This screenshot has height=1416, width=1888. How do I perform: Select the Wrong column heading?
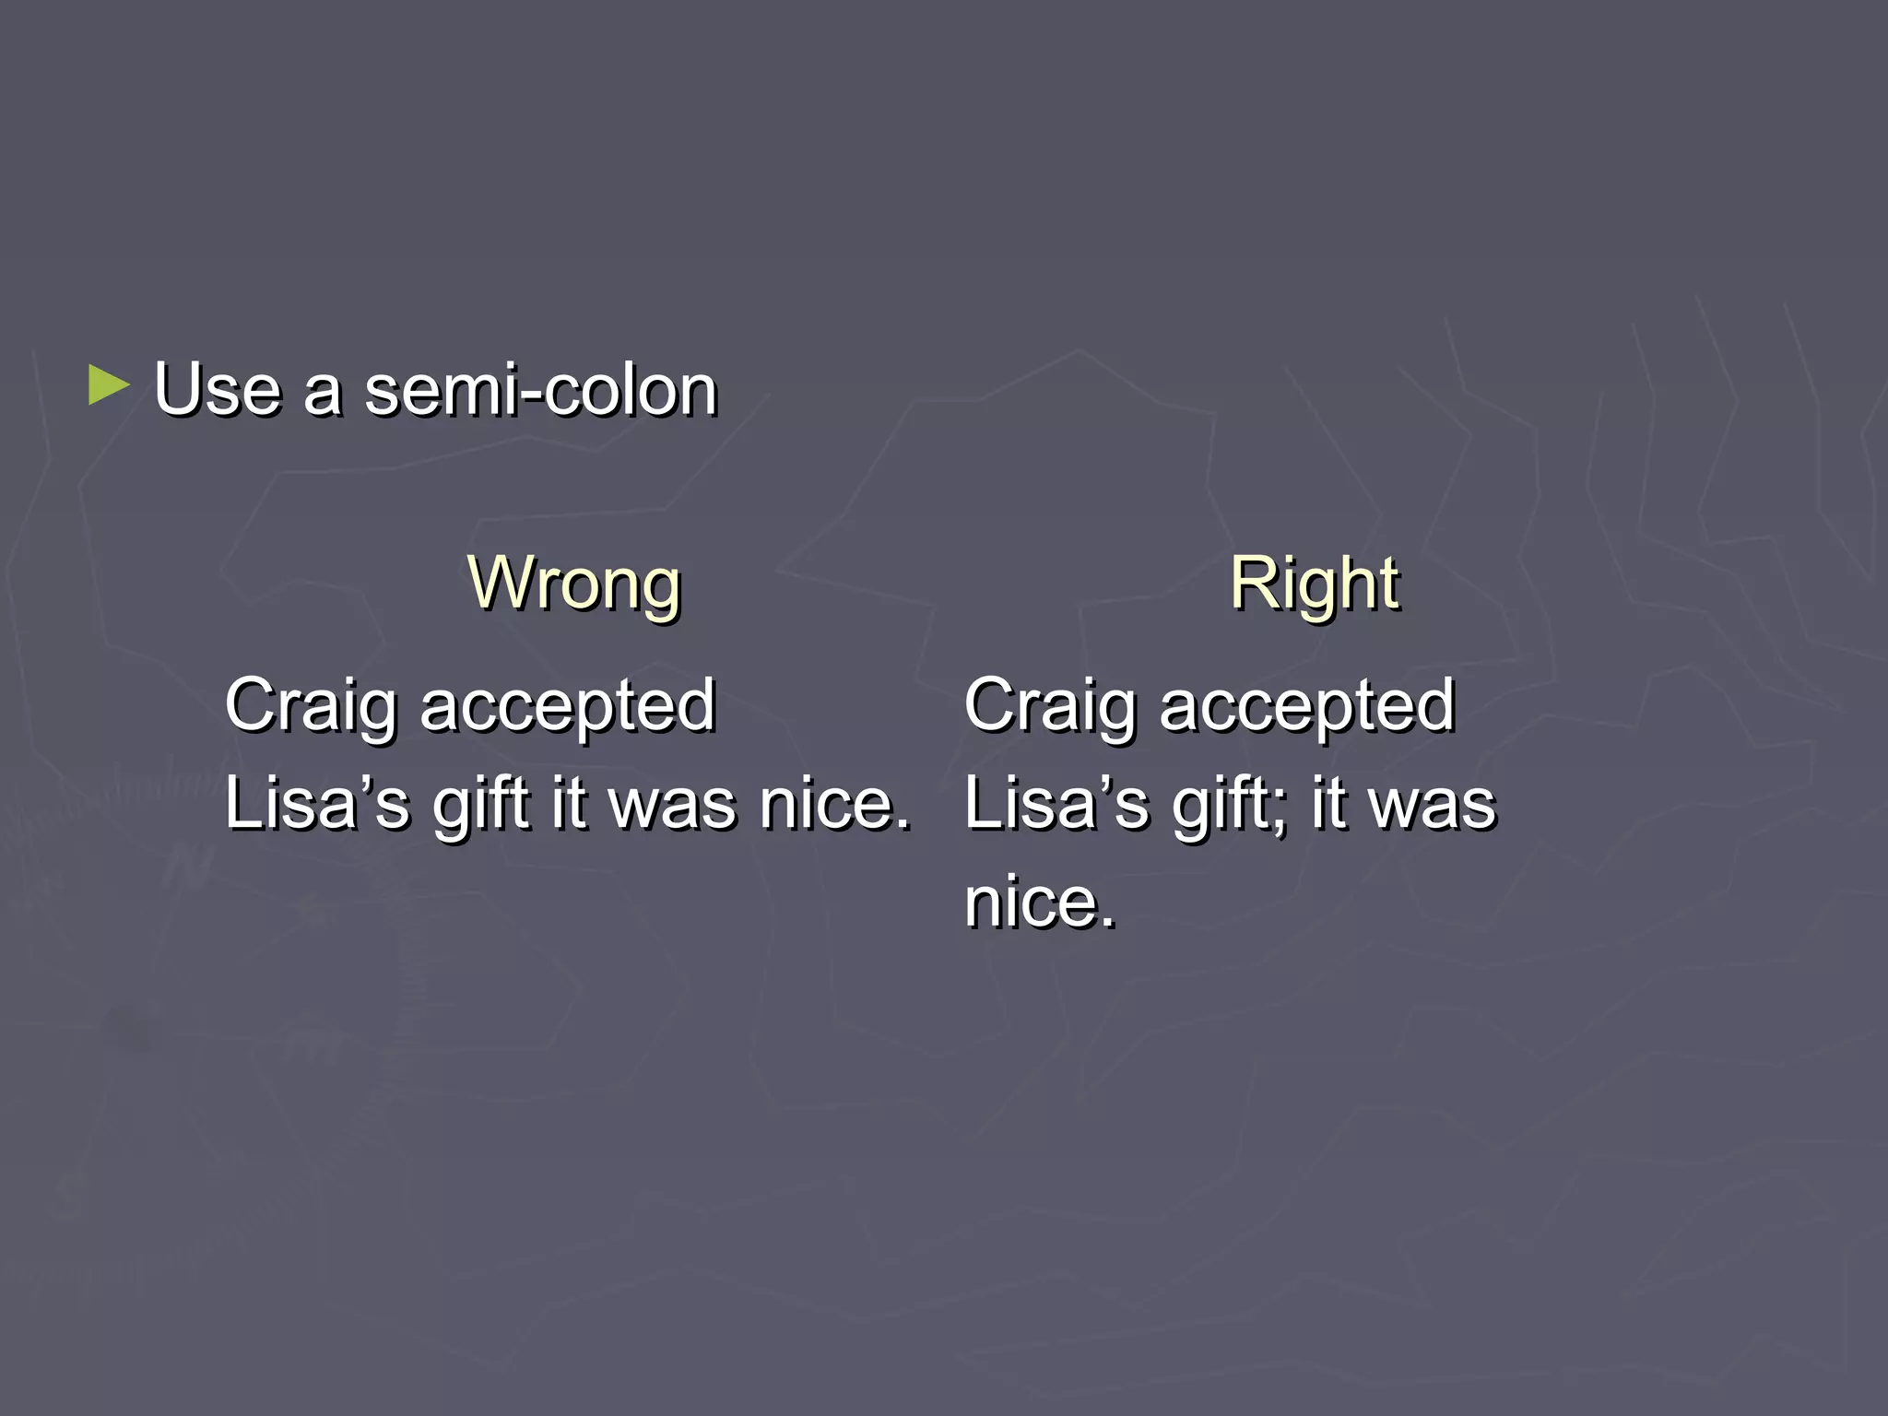573,584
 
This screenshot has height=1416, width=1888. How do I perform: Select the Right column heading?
1314,584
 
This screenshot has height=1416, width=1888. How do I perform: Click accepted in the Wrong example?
568,706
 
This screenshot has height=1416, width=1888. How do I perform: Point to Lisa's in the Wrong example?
316,804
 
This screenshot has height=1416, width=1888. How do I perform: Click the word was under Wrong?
674,804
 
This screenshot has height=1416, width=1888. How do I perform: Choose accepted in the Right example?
1307,706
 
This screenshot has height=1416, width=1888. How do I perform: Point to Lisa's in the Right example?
1056,804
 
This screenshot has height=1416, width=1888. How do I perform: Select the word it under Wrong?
569,804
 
